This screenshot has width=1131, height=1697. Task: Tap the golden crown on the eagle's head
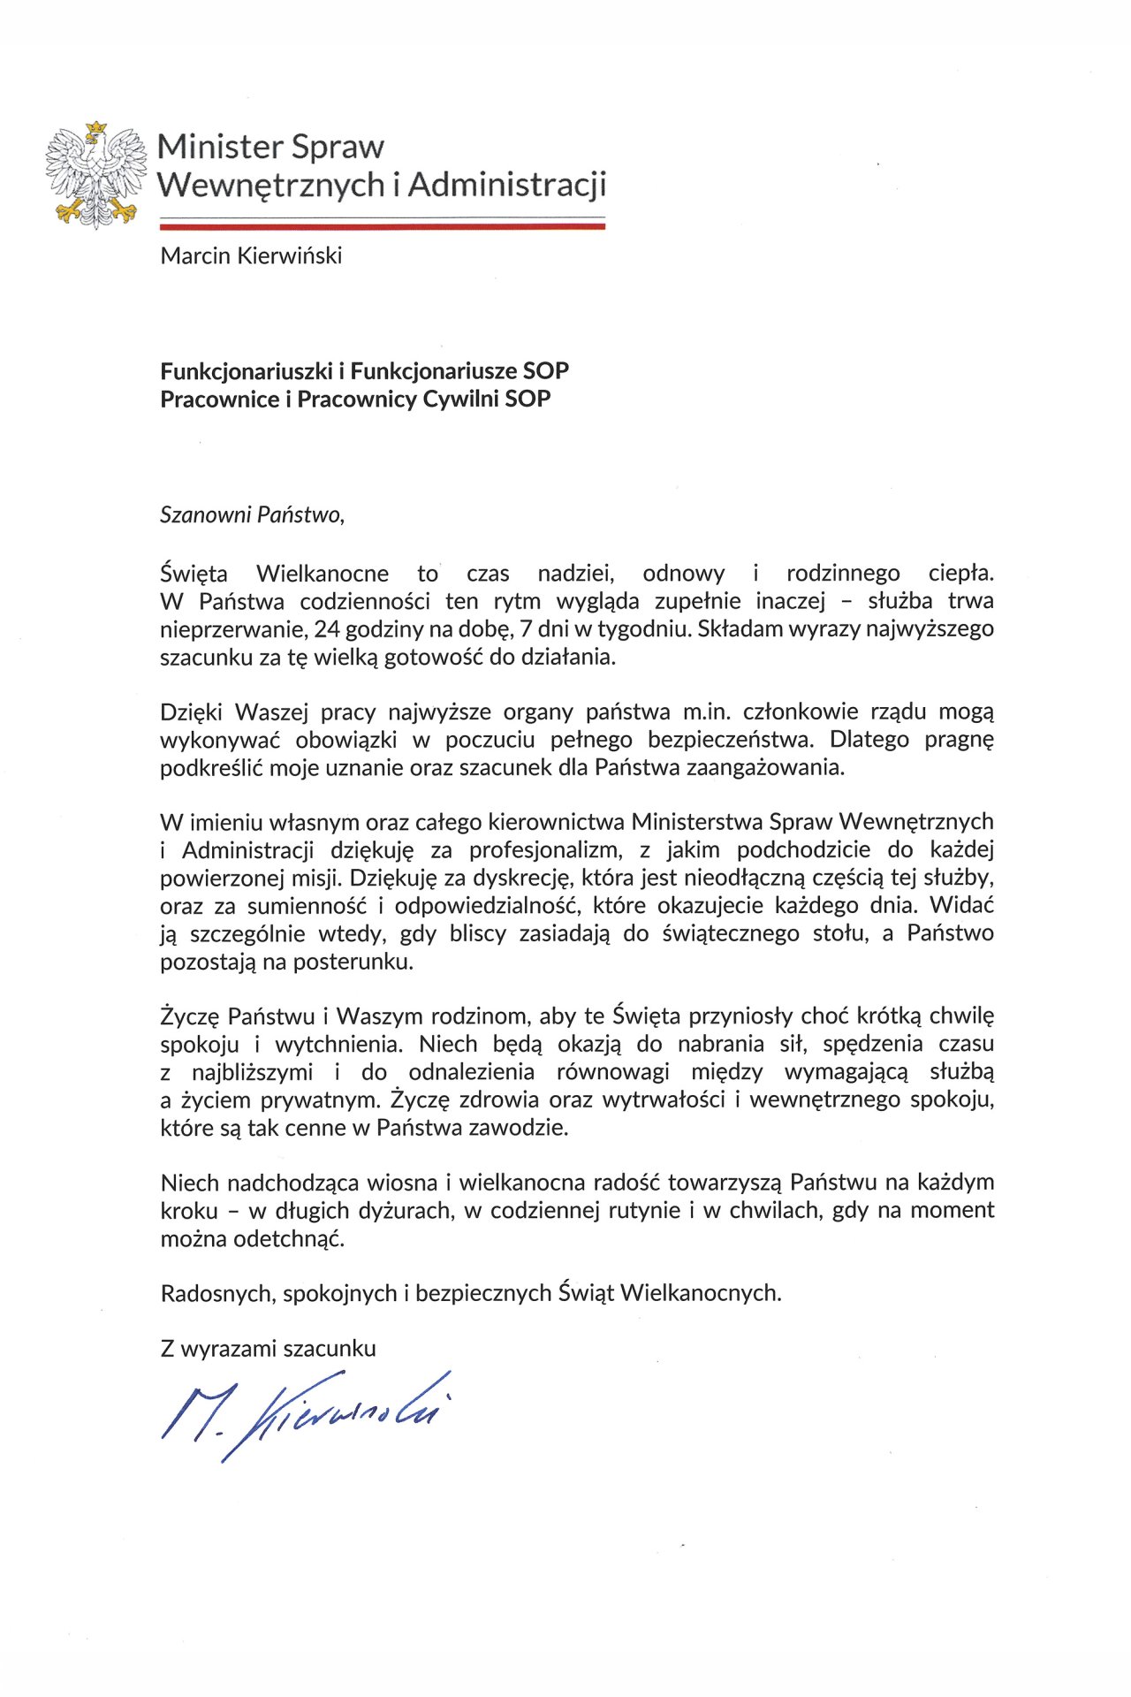pos(96,129)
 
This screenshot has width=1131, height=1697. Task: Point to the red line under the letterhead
pos(382,227)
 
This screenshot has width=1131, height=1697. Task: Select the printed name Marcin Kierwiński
pos(251,256)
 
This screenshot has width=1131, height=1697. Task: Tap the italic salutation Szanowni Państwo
pos(251,515)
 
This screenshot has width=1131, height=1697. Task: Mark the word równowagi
pos(613,1072)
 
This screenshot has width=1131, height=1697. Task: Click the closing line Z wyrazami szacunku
pos(268,1349)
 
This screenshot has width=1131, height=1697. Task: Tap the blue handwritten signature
pos(305,1412)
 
